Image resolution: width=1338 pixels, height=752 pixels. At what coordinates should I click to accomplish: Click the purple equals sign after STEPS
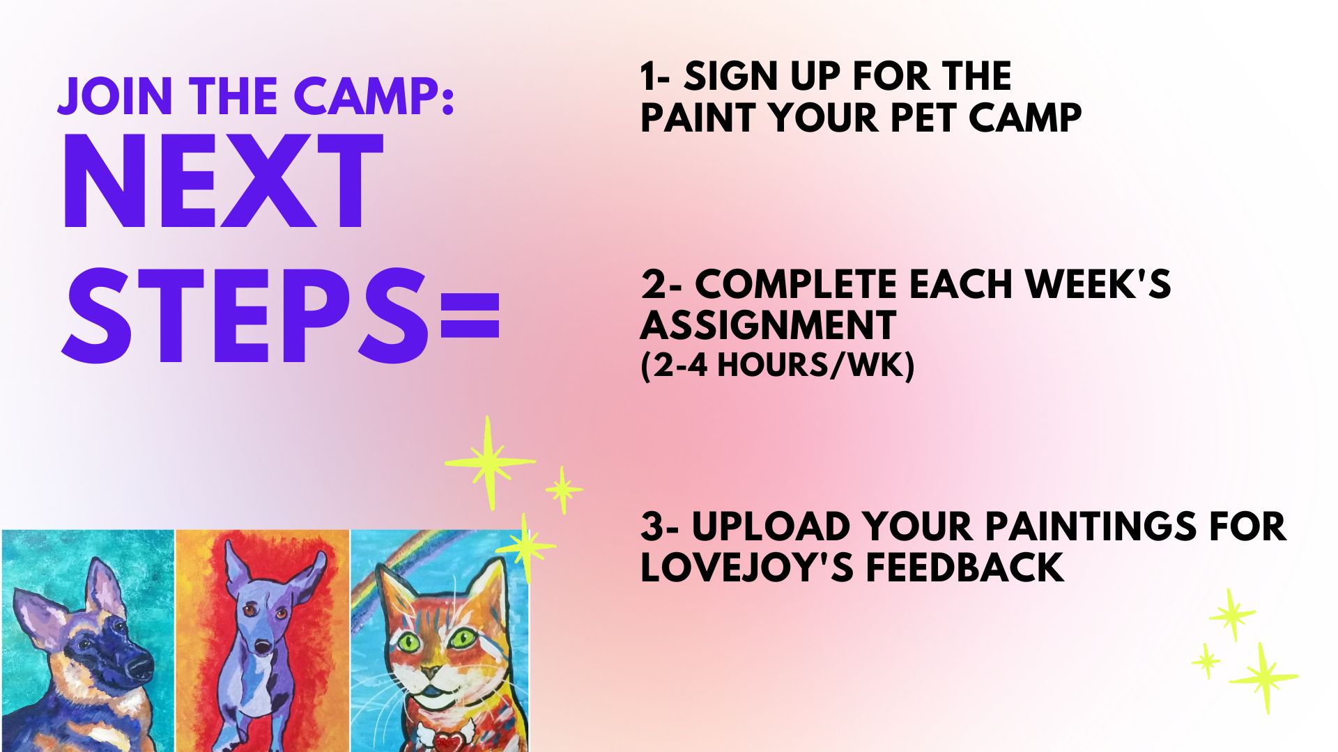click(x=470, y=315)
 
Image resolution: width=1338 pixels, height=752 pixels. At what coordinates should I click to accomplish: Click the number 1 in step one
click(x=649, y=76)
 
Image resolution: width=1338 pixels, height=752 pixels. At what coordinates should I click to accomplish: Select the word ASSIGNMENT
click(x=768, y=325)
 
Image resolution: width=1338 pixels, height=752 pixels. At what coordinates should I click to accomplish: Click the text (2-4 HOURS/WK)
click(x=777, y=365)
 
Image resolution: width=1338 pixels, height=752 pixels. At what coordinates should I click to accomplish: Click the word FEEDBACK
click(x=965, y=567)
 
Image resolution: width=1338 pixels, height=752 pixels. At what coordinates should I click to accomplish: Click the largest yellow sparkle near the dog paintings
click(x=489, y=462)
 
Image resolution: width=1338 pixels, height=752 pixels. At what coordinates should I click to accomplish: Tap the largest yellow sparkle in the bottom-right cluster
click(x=1263, y=677)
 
